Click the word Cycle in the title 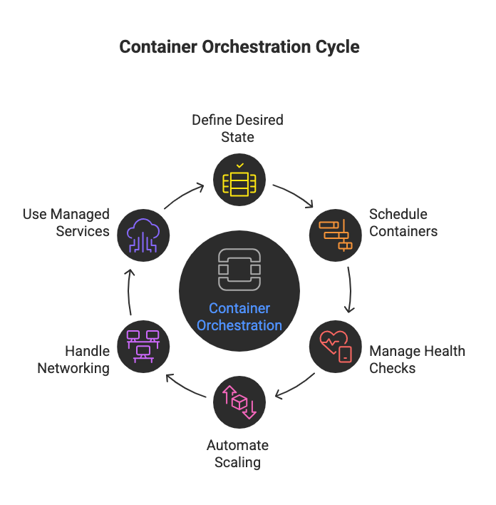pos(336,47)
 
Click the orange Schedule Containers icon pos(335,235)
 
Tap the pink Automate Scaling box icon pos(239,402)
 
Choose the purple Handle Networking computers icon pos(143,346)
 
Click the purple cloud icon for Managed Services pos(143,235)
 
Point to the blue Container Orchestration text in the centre pos(239,317)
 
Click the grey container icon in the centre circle pos(239,269)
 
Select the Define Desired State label pos(237,128)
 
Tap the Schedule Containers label pos(403,223)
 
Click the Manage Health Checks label pos(417,359)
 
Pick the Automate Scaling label pos(237,454)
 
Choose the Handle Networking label pos(74,359)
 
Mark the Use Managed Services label pos(66,223)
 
